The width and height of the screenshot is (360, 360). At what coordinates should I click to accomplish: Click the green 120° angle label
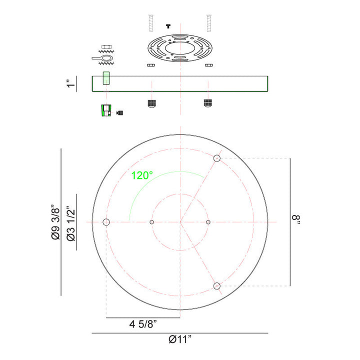[x=142, y=175]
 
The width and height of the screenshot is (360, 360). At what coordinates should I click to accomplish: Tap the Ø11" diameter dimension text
[x=180, y=339]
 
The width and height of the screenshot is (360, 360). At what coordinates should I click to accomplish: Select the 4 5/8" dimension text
[x=143, y=324]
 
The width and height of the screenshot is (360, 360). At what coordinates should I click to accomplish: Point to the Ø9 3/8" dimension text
[x=55, y=222]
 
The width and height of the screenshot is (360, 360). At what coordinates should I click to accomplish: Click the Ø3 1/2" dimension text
[x=71, y=225]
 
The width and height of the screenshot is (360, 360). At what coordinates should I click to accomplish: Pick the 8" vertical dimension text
[x=296, y=219]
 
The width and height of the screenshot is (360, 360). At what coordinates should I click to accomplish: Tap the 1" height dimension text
[x=71, y=83]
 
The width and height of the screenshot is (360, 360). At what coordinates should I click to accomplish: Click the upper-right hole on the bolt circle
[x=216, y=158]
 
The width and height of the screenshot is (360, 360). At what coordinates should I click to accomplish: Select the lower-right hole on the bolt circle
[x=216, y=286]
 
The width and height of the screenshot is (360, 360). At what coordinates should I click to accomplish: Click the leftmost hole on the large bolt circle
[x=106, y=222]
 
